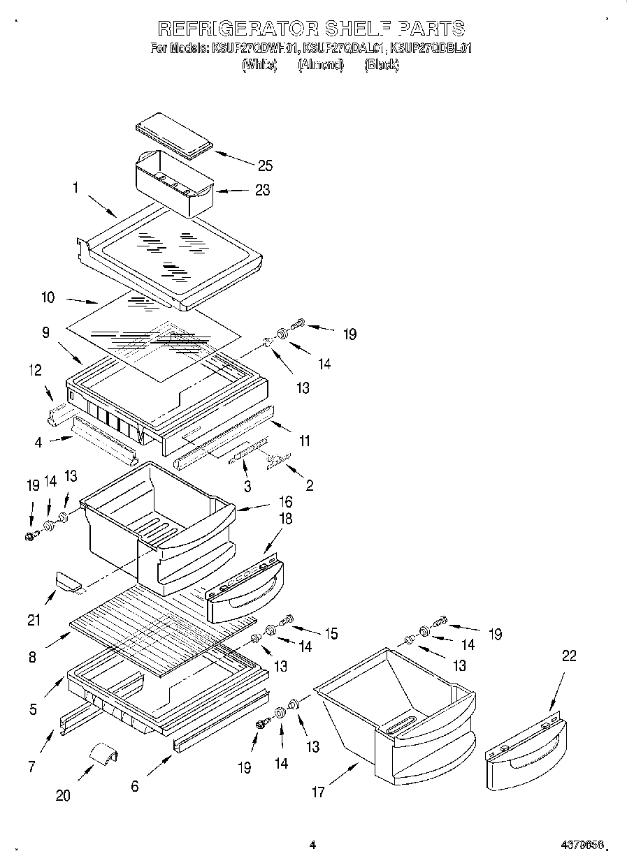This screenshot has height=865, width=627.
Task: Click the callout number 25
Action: click(x=265, y=165)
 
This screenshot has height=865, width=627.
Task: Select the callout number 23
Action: click(x=262, y=190)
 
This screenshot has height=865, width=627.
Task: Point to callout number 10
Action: click(x=48, y=297)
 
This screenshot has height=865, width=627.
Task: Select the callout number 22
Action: click(x=570, y=656)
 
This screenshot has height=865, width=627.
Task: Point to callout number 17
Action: click(x=318, y=792)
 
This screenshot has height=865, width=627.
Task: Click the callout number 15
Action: click(x=330, y=633)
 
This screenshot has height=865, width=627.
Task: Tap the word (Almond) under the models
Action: click(x=321, y=65)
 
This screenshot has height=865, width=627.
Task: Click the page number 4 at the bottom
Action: click(x=312, y=845)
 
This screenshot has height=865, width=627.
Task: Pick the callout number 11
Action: click(x=304, y=441)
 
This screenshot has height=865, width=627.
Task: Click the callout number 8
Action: click(x=33, y=656)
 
